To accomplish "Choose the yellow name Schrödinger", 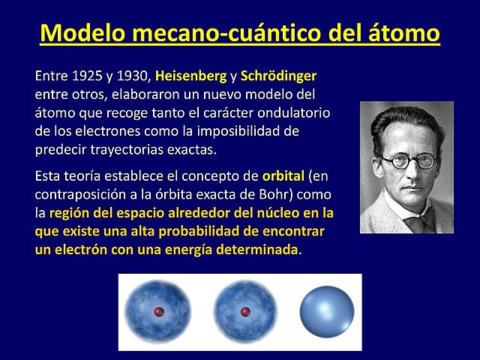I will (x=279, y=76).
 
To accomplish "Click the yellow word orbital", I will (x=283, y=177).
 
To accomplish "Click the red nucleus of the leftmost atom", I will (x=158, y=311).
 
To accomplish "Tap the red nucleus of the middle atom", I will (x=244, y=311).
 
